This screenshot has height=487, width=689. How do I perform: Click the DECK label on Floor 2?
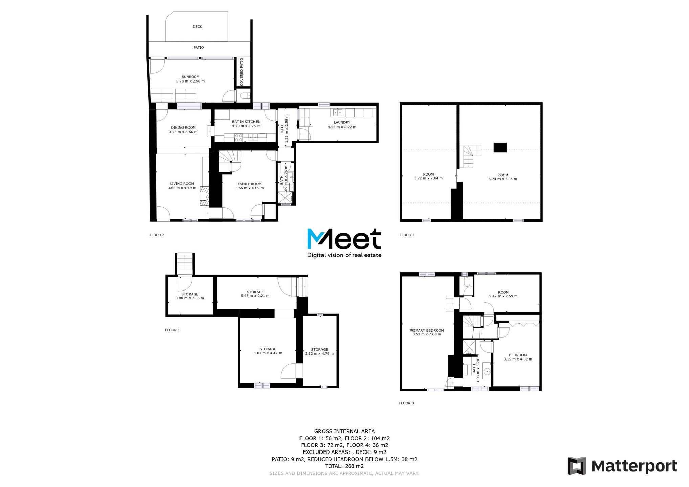click(197, 27)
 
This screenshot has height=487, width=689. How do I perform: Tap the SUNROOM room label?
click(191, 77)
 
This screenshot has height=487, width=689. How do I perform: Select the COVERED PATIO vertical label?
click(242, 72)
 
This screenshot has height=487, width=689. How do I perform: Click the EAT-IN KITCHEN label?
click(246, 122)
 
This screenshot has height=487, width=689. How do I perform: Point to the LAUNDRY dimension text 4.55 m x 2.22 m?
click(342, 127)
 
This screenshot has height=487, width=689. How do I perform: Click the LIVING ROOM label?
click(182, 184)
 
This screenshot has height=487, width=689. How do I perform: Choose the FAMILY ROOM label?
click(249, 184)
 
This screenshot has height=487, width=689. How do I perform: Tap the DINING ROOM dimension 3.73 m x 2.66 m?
click(183, 132)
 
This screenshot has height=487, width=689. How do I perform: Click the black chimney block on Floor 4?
click(500, 147)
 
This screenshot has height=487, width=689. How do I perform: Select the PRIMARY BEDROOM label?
click(427, 330)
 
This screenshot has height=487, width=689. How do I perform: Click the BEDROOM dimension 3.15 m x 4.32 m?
click(518, 359)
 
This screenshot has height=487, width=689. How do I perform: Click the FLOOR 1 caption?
click(172, 330)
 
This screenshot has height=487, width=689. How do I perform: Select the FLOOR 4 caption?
click(407, 235)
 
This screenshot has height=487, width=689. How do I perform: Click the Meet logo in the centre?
click(344, 242)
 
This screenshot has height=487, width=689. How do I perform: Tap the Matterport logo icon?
click(577, 466)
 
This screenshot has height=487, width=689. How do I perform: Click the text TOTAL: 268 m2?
click(344, 466)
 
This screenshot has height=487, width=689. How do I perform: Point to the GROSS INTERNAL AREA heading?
click(344, 431)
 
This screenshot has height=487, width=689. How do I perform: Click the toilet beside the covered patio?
click(245, 96)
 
